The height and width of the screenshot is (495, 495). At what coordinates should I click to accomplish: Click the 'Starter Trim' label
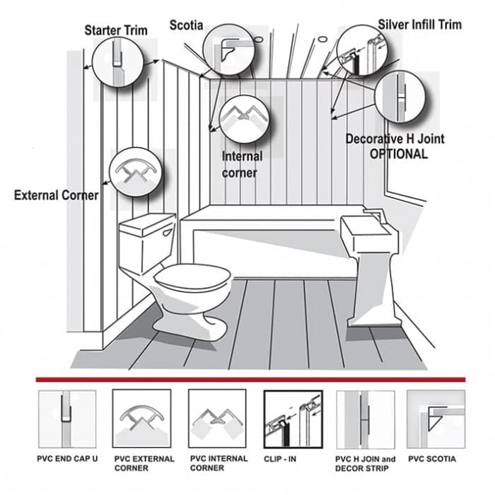coord(116,30)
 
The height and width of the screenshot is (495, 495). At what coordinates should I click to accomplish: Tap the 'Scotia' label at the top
coord(186,25)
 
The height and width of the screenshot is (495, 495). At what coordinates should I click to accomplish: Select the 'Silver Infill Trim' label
coord(420,25)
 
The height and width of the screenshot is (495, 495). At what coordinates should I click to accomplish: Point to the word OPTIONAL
coord(399,154)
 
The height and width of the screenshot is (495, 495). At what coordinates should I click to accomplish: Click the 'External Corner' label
coord(56,195)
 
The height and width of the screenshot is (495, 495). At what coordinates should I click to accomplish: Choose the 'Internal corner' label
coord(242,165)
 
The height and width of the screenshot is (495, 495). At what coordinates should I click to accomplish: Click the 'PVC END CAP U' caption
coord(67,459)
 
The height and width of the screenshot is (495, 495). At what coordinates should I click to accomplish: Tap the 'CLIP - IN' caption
coord(280,459)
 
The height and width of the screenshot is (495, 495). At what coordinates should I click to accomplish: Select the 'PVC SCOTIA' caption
coord(432,459)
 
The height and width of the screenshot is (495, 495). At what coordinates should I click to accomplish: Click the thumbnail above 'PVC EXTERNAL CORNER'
coord(141,419)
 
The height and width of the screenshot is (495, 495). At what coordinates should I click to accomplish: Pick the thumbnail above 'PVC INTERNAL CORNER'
coord(217,419)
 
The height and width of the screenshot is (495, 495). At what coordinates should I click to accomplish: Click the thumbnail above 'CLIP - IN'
coord(293,419)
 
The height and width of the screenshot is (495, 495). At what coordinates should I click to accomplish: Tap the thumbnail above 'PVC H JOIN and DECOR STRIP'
coord(366,419)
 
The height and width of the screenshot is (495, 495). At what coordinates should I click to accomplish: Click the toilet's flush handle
coord(168,233)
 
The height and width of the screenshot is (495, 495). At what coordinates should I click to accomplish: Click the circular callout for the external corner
coord(136,173)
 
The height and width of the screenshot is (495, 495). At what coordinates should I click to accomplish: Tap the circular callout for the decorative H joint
coord(400,97)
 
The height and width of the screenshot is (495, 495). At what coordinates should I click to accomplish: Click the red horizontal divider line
coord(250,380)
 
